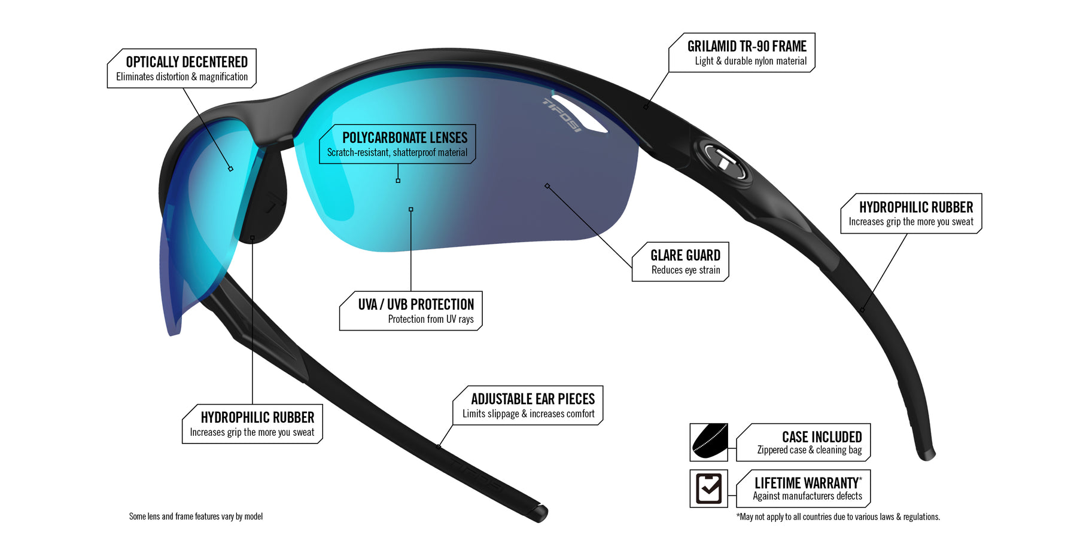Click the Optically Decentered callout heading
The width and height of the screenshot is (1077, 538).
pos(187,62)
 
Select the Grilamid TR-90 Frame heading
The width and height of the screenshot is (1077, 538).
pos(747,47)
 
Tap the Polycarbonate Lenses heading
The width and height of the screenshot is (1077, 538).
pos(404,138)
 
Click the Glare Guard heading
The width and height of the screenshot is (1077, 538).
pos(685,256)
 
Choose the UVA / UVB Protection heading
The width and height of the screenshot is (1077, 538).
pos(416,305)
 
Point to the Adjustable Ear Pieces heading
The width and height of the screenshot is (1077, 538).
pos(533,399)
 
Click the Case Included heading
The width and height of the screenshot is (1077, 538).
pos(822,437)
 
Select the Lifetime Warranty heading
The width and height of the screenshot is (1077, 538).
pos(806,483)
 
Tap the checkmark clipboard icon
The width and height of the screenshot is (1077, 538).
pos(709,488)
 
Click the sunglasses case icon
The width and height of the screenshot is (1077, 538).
pos(709,442)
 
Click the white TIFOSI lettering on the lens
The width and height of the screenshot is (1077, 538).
pos(561,114)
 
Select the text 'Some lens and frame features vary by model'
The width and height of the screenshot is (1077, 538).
pos(196,516)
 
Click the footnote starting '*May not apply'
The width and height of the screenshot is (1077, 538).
pos(838,517)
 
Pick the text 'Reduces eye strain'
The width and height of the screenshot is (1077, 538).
pos(686,270)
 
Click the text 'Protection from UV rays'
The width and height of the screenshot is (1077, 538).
pos(431,319)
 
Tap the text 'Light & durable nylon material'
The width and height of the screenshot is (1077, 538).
pos(750,61)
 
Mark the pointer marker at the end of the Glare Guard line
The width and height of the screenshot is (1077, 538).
pos(547,186)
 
